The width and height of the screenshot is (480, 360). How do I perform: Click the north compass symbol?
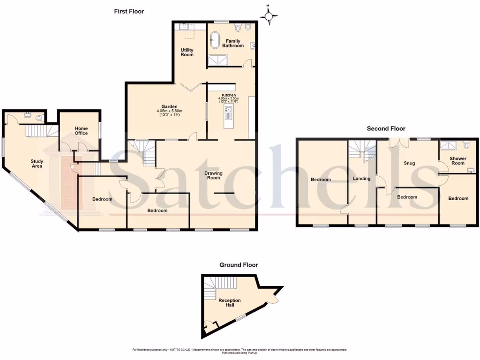coord(269,16)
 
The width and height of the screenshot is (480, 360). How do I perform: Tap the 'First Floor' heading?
coord(129,11)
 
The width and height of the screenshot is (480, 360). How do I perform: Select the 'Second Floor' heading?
coord(386,128)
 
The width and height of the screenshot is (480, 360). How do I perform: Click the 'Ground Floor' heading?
coord(239,265)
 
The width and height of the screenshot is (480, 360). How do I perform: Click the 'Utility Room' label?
coord(187,52)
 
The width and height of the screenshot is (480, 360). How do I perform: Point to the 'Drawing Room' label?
coord(213,175)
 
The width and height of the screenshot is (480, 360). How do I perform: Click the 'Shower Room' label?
coord(458,161)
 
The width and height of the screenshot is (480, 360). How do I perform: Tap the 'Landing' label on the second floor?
coord(362,178)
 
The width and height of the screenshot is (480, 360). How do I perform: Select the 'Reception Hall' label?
coord(229,303)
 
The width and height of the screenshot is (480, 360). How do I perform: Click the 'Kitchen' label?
coord(229,95)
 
